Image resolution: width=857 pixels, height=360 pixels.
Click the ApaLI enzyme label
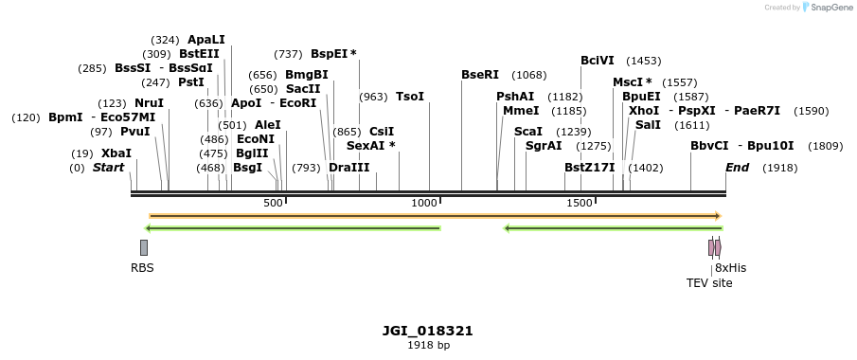tap(206, 40)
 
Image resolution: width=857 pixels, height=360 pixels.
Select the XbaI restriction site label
tap(116, 153)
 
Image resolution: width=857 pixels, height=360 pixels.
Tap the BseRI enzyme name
tap(480, 75)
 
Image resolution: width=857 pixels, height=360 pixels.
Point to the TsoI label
tap(410, 97)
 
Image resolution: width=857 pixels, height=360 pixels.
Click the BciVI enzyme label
tap(598, 61)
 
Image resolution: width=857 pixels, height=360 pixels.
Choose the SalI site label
tap(648, 125)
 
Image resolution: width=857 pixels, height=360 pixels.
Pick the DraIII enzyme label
tap(348, 168)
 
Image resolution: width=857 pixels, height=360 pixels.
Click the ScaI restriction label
tap(528, 132)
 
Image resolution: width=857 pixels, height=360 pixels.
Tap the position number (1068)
tap(529, 75)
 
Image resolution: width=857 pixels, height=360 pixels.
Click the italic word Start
tap(108, 168)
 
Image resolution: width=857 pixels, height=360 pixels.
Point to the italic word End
tap(737, 168)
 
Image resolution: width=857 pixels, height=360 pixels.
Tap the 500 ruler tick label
tap(273, 204)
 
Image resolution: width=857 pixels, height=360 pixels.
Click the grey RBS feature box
tap(144, 247)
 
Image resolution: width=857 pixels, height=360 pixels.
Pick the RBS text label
tap(142, 268)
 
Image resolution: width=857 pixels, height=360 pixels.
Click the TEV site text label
tap(709, 282)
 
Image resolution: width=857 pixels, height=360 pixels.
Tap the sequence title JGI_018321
tap(428, 331)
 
